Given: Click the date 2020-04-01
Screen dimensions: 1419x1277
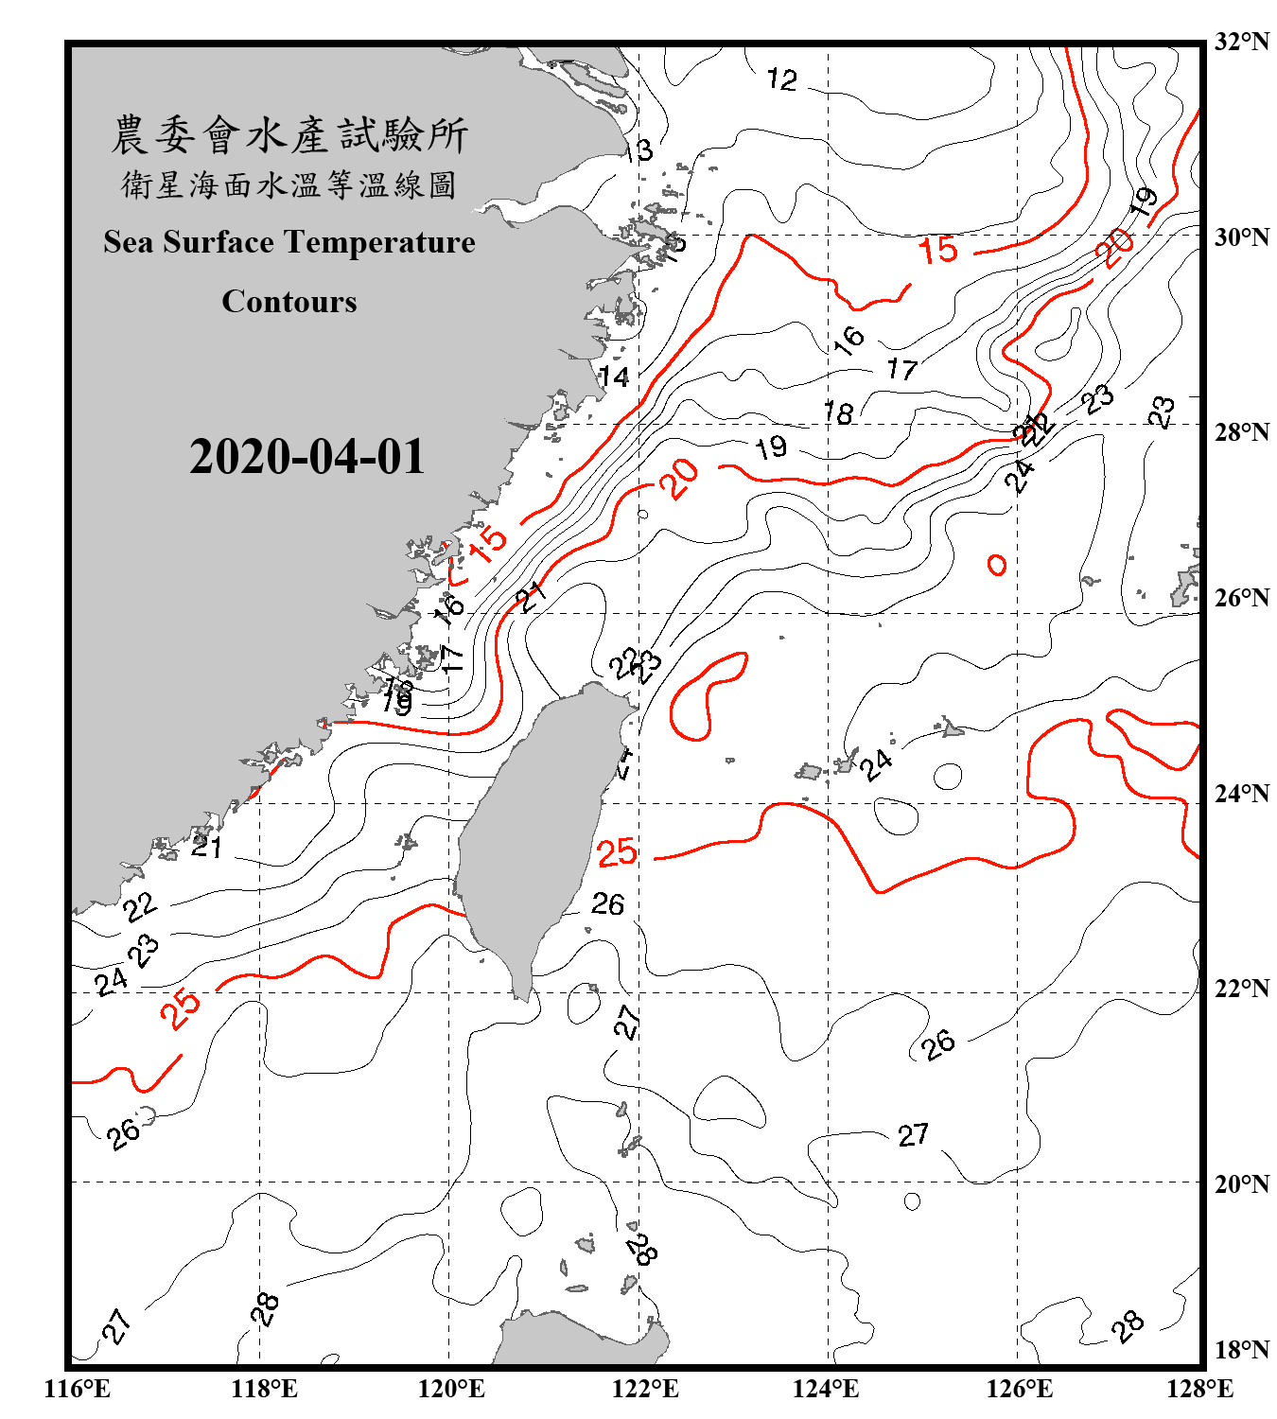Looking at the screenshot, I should point(306,457).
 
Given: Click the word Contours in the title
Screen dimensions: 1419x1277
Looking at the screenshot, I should point(289,302).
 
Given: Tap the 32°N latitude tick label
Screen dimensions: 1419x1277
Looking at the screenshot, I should point(1241,42).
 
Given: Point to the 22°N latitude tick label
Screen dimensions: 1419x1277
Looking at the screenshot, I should point(1241,989).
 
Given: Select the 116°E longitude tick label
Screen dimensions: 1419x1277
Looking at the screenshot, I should point(77,1389).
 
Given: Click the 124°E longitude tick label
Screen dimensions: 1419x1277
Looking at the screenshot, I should point(826,1389).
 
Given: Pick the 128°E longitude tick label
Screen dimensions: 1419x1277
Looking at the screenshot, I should point(1199,1389).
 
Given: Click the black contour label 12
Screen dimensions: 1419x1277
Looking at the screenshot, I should point(782,79).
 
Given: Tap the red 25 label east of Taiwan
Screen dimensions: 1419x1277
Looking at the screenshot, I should point(617,852).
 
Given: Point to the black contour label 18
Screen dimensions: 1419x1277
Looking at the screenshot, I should point(838,412).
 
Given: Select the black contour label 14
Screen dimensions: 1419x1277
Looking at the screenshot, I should point(614,377).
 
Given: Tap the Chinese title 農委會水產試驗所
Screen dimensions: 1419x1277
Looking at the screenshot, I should point(289,135).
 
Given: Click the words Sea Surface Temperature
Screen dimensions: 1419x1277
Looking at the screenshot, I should point(289,242).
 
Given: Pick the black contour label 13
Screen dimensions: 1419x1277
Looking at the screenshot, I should point(638,150).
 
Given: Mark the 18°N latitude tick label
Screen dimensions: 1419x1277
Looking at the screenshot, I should point(1241,1350).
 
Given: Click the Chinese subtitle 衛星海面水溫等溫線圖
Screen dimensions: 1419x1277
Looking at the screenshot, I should point(289,185).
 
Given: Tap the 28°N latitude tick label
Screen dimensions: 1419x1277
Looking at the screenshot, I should point(1241,432).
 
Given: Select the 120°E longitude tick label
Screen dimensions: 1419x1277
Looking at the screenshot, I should point(451,1389).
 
